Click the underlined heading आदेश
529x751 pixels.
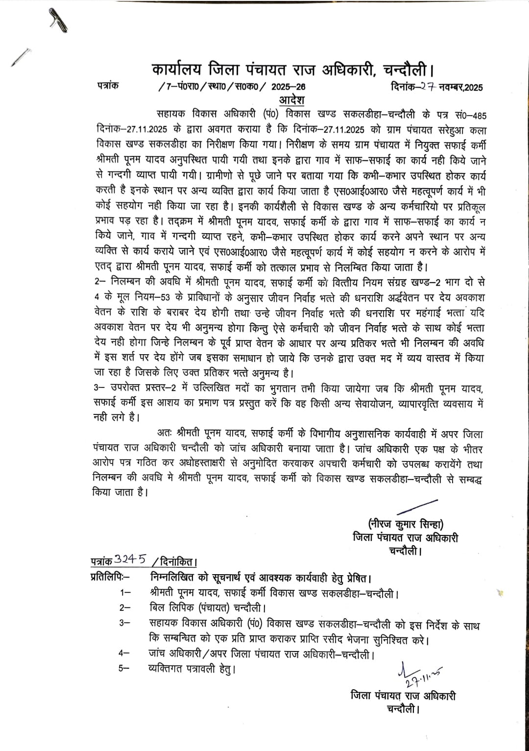point(291,100)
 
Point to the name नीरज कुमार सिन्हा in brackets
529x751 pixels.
point(406,523)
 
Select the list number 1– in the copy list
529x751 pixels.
point(125,593)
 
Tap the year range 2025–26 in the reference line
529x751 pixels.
point(289,87)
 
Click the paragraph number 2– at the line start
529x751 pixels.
point(99,283)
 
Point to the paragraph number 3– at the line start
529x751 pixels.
point(99,388)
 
